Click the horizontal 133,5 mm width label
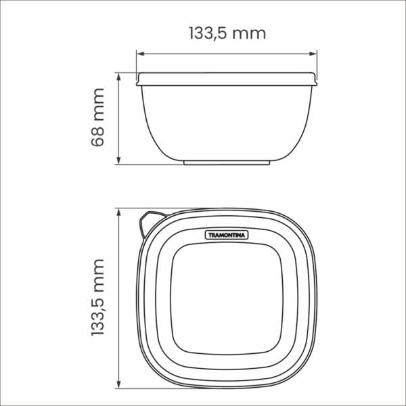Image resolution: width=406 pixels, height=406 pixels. (x=227, y=32)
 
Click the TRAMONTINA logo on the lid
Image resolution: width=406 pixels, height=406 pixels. (x=227, y=235)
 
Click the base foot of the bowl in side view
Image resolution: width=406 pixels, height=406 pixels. (x=227, y=162)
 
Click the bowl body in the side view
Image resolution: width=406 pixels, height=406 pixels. (x=227, y=122)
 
